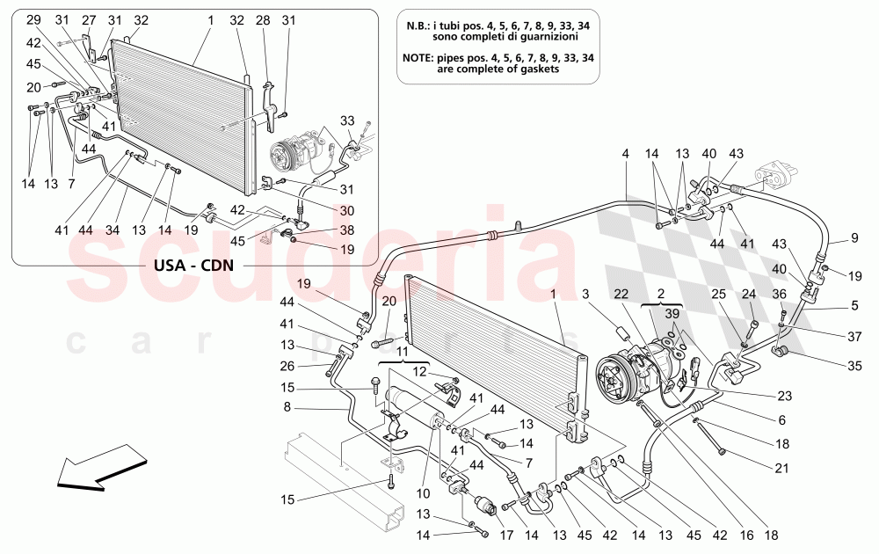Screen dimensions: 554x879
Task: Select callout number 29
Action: [33, 19]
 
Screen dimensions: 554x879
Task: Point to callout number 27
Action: [89, 19]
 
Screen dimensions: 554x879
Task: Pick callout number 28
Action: [263, 19]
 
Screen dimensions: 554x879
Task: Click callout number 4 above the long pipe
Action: [626, 154]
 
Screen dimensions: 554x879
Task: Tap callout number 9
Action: [854, 236]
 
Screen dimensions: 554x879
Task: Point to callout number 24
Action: [749, 295]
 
